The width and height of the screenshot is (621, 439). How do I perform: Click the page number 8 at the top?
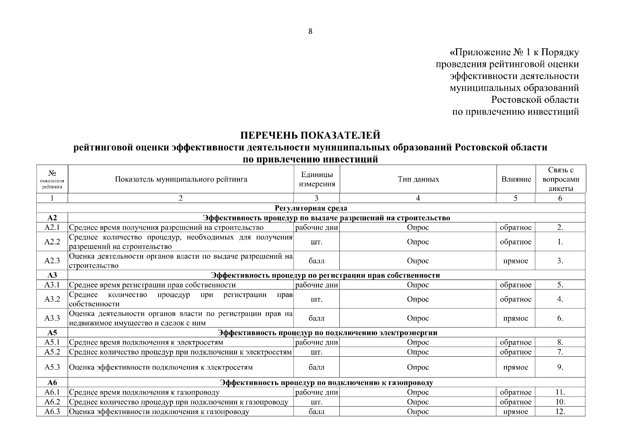click(x=310, y=31)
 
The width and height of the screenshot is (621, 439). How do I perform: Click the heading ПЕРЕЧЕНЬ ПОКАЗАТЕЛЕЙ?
click(x=310, y=135)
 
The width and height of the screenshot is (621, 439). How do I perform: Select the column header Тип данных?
click(x=418, y=179)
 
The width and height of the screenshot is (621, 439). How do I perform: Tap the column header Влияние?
click(x=516, y=179)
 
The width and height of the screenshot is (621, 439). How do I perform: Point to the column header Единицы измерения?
click(x=317, y=179)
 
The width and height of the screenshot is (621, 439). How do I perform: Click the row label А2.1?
click(x=52, y=228)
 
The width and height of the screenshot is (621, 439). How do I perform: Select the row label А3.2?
click(x=52, y=299)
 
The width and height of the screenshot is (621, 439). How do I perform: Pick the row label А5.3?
click(x=52, y=367)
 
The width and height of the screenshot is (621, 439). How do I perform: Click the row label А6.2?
click(x=52, y=402)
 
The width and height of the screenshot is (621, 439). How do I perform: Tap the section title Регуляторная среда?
click(x=311, y=208)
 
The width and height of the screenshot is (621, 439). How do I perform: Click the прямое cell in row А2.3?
click(x=516, y=261)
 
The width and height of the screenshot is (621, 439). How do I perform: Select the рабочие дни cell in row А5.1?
click(x=317, y=342)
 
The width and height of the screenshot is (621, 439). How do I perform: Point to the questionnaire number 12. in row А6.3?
click(x=560, y=412)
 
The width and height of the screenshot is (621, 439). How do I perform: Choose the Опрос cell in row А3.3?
click(x=418, y=318)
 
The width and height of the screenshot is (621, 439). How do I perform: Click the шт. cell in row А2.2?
click(x=317, y=242)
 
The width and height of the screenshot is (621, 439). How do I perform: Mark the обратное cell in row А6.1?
click(x=516, y=393)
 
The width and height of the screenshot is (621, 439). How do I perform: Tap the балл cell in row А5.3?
click(x=317, y=367)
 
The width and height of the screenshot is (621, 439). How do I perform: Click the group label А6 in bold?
click(x=52, y=383)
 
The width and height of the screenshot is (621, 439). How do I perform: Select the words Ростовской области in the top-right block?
click(x=535, y=100)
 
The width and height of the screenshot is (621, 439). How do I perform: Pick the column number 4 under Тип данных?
click(x=418, y=198)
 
